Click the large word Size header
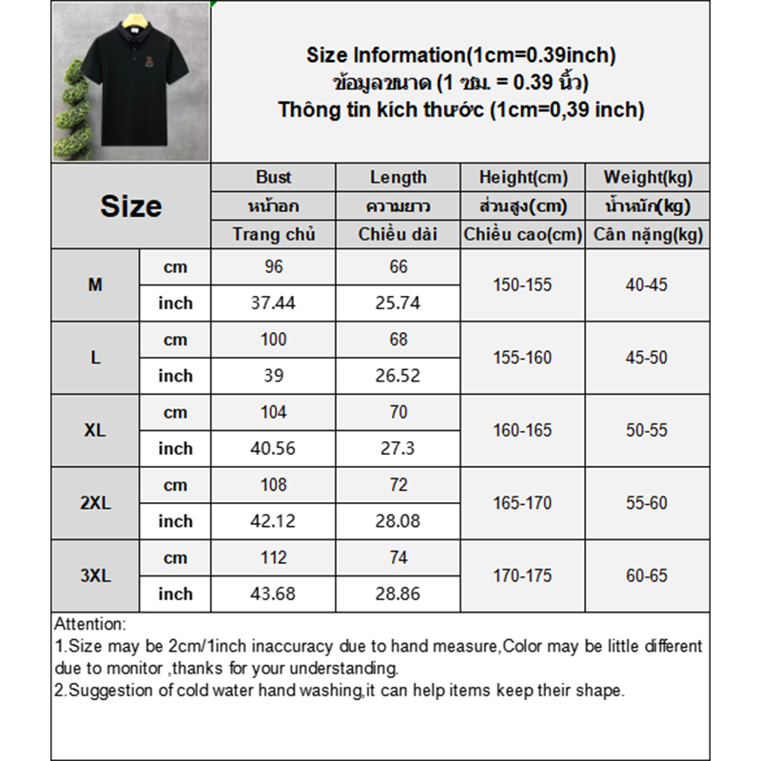131,206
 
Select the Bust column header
274,177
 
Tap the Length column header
399,177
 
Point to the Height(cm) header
523,177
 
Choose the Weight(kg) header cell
648,177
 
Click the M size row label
95,284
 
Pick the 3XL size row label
95,576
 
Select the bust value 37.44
274,302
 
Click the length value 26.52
399,376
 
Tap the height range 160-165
522,430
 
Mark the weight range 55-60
647,502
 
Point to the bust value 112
274,558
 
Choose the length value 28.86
399,594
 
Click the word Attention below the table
89,625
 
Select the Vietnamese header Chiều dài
399,234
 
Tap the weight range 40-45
647,284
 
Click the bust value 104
274,412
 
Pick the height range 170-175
522,576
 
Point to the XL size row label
95,430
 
